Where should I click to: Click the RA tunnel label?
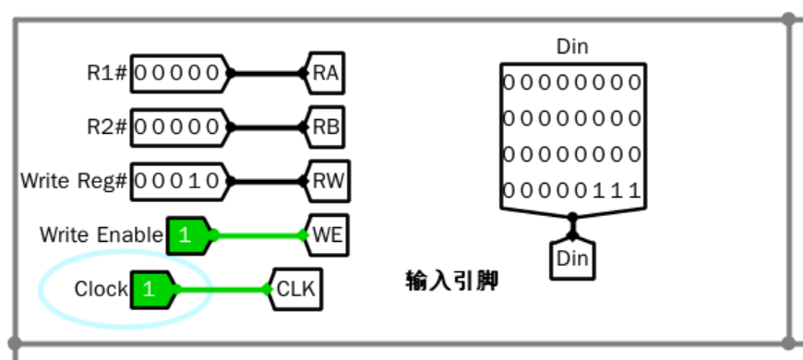pos(326,73)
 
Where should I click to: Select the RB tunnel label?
pos(326,126)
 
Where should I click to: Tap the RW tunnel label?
pos(329,180)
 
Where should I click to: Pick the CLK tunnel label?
pos(296,289)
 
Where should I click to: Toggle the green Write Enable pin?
pos(188,234)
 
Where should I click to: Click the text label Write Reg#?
pos(74,180)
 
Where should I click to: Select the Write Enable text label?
pos(101,234)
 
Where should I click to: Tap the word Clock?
pos(101,289)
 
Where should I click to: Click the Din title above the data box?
pos(572,46)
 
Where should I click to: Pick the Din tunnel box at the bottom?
pos(572,259)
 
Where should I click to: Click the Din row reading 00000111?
pos(572,191)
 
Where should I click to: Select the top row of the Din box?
pos(572,80)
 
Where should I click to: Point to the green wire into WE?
pos(258,234)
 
